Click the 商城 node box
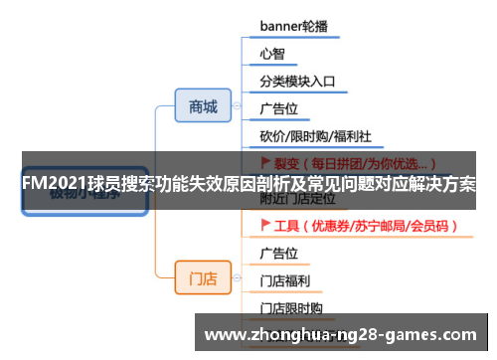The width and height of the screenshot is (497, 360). click(202, 107)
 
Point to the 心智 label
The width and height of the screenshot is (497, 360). click(272, 54)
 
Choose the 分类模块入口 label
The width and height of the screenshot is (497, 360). click(297, 82)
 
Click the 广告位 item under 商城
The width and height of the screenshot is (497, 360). click(279, 107)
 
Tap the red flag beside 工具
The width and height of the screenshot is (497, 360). click(265, 226)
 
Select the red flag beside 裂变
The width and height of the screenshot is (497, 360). click(265, 161)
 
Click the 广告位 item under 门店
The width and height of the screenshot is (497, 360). click(279, 253)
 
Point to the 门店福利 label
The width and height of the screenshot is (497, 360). click(286, 280)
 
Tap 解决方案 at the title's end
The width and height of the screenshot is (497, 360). click(443, 185)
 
